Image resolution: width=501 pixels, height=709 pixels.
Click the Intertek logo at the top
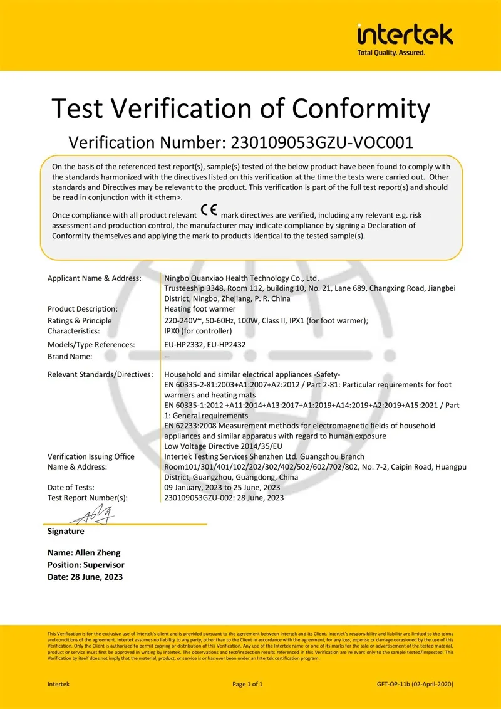tap(405, 34)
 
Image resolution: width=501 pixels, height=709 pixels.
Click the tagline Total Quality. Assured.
tap(391, 53)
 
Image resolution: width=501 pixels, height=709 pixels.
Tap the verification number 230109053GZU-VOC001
tap(322, 142)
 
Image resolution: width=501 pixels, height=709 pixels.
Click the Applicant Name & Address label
tap(95, 278)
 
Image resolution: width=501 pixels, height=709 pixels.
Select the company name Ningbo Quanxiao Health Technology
tap(241, 278)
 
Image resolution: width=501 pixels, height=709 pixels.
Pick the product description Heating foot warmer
tap(200, 308)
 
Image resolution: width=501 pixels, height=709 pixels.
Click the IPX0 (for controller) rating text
tap(198, 331)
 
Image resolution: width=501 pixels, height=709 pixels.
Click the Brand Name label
tap(70, 357)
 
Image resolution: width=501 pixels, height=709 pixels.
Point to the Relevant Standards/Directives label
tap(100, 374)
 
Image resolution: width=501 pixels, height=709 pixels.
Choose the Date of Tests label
tap(71, 487)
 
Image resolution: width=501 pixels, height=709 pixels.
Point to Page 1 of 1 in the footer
tap(251, 684)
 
